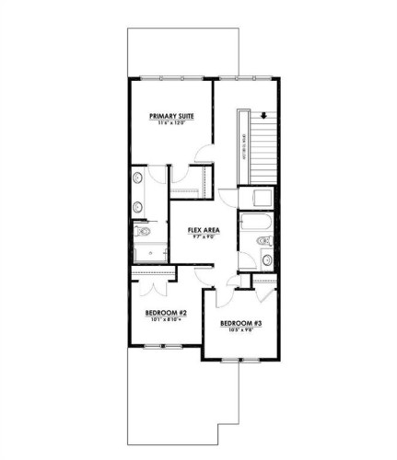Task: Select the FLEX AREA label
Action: click(x=202, y=229)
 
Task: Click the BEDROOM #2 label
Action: click(x=167, y=313)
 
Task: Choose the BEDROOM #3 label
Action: click(x=240, y=323)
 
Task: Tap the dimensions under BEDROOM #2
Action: click(x=167, y=320)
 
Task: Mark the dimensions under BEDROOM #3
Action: click(x=240, y=329)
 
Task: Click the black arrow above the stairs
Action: click(x=264, y=115)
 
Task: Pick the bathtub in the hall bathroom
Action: click(x=251, y=223)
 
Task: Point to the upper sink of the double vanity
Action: click(x=138, y=178)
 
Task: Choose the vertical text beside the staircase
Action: click(x=243, y=146)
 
